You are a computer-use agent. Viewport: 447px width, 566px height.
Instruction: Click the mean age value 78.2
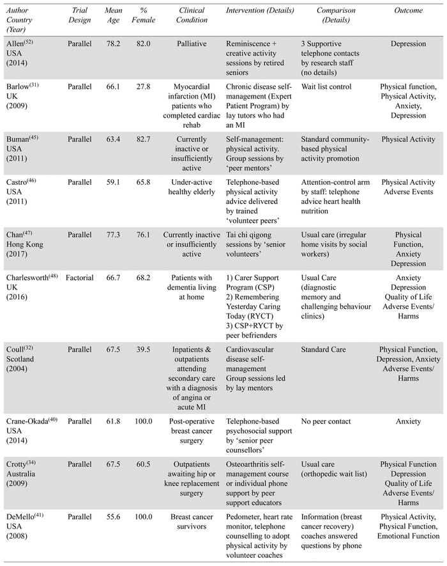(x=113, y=43)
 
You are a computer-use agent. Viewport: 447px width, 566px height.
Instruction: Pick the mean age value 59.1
(x=113, y=182)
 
